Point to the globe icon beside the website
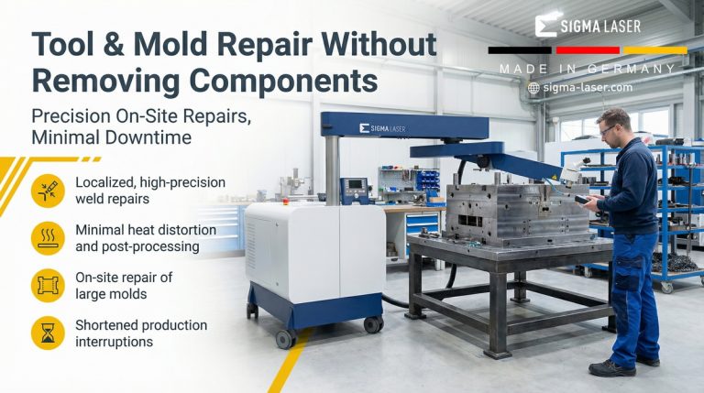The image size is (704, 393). (533, 88)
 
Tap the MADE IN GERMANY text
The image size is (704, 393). (587, 69)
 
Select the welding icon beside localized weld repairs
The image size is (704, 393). (47, 191)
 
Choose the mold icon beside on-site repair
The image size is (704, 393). (47, 286)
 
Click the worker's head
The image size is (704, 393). (613, 125)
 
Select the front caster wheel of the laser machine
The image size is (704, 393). (286, 338)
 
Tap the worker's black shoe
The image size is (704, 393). (612, 366)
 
